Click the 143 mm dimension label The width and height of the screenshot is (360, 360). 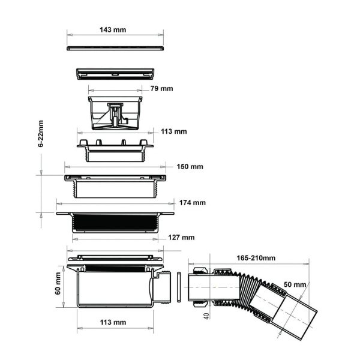(113, 30)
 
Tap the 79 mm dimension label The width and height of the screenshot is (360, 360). (161, 89)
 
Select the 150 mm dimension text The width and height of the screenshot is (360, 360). (190, 167)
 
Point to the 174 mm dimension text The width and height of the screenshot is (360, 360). (193, 203)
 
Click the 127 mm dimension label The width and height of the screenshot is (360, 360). (181, 238)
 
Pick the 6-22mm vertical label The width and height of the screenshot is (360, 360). (41, 134)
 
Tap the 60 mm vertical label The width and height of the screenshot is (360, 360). (58, 283)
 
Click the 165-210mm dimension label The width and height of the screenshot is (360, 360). (256, 258)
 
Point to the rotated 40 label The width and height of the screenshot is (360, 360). (206, 316)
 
